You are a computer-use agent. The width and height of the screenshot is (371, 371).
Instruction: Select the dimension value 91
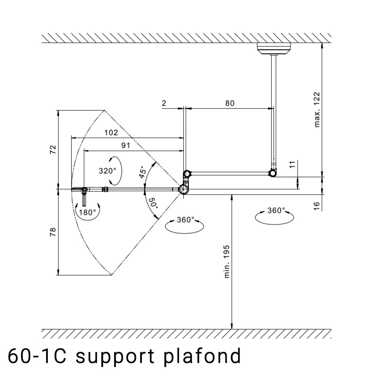click(126, 146)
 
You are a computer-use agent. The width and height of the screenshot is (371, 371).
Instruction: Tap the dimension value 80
click(229, 103)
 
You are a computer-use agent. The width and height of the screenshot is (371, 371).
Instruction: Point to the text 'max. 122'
click(317, 110)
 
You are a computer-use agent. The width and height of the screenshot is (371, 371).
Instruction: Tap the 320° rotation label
click(108, 170)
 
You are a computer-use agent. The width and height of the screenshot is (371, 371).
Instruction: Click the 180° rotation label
click(87, 212)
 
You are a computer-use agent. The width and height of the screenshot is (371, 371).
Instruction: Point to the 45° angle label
click(143, 171)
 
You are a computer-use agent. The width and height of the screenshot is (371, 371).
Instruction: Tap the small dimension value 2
click(164, 103)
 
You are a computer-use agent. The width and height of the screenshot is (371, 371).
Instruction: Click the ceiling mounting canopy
click(273, 48)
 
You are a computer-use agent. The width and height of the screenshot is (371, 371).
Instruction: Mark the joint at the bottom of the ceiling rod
click(273, 173)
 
